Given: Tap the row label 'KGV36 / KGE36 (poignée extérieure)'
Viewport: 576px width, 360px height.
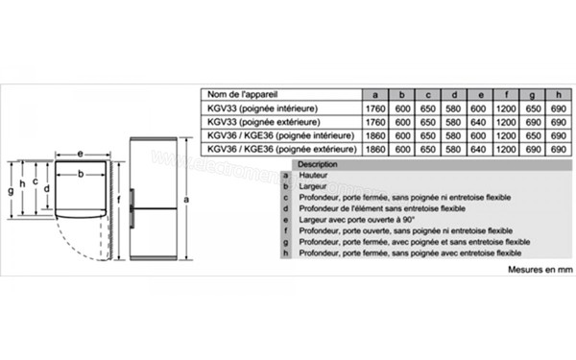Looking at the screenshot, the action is pyautogui.click(x=276, y=150).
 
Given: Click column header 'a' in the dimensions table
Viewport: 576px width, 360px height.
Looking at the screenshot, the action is pyautogui.click(x=375, y=96).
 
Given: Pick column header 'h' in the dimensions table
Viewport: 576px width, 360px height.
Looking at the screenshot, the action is pyautogui.click(x=557, y=96).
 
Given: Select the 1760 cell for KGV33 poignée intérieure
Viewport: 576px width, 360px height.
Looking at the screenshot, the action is pyautogui.click(x=375, y=109).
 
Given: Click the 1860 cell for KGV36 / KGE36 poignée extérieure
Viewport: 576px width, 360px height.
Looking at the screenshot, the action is pyautogui.click(x=375, y=150).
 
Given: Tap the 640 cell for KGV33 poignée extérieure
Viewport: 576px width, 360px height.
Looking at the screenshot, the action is pyautogui.click(x=453, y=123).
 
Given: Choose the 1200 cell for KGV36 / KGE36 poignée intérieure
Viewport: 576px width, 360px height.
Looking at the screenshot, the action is pyautogui.click(x=505, y=136).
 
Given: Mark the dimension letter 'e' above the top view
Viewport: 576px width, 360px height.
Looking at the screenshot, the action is pyautogui.click(x=80, y=154).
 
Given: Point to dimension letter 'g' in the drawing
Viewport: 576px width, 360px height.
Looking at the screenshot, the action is pyautogui.click(x=9, y=191).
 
